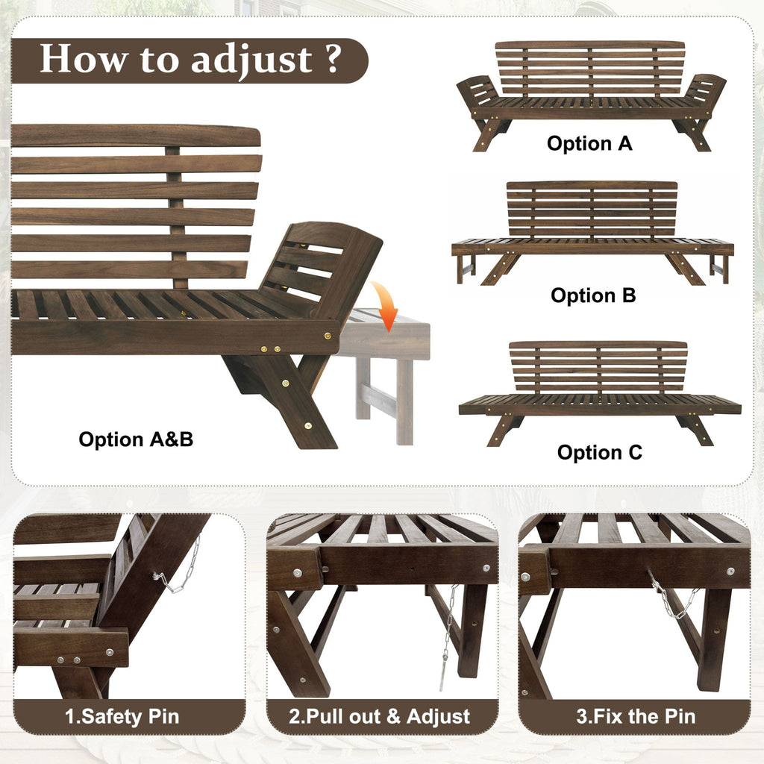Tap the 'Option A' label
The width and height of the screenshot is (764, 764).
click(x=589, y=143)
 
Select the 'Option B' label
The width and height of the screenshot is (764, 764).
click(x=593, y=295)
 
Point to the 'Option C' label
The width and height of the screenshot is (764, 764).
click(x=599, y=452)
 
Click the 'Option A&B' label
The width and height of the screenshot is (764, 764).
click(x=136, y=439)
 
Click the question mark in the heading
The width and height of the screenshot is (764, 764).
click(x=333, y=60)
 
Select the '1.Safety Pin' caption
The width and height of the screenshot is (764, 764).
click(x=122, y=717)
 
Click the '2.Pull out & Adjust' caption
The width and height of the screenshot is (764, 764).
click(x=380, y=717)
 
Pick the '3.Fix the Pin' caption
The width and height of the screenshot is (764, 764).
click(x=636, y=717)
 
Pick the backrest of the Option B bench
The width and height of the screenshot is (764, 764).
click(x=592, y=209)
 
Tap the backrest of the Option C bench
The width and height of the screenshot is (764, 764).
click(x=598, y=366)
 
